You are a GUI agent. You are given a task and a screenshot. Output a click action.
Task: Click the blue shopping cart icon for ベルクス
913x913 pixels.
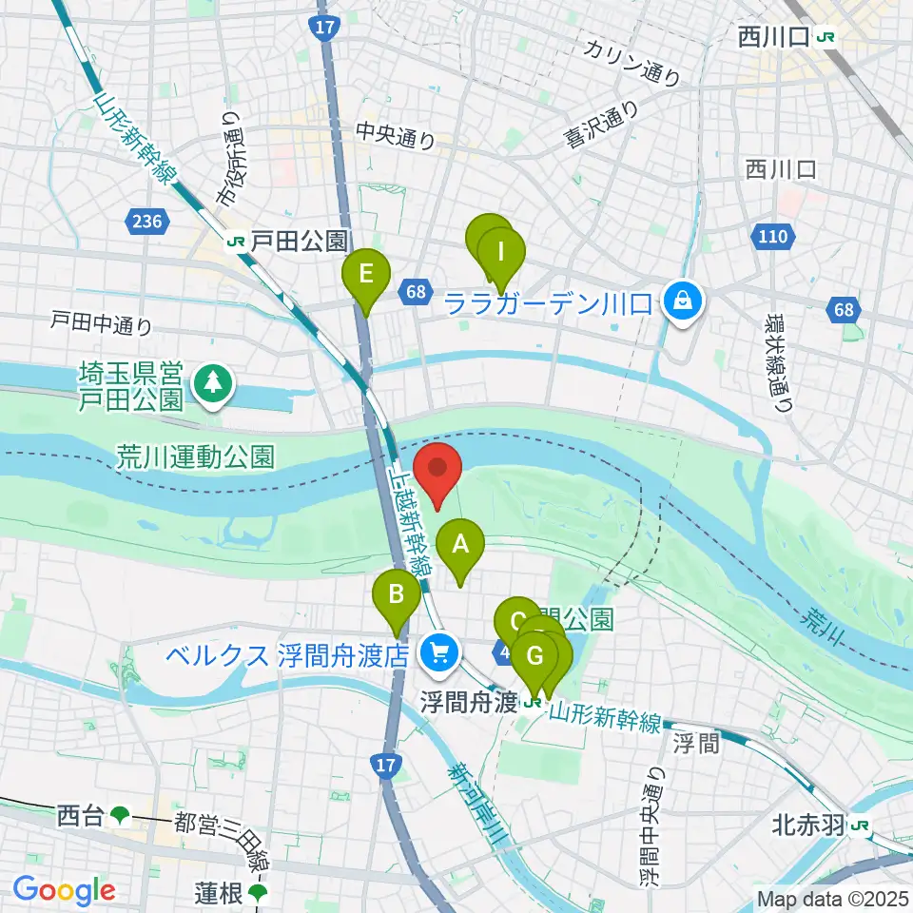coord(438,652)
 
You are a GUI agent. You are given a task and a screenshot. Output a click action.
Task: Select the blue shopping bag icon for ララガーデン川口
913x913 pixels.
coord(682,302)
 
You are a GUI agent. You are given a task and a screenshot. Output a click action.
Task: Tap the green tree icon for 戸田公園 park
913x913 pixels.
coord(209,384)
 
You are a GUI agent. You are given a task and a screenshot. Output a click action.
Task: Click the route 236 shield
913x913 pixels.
coord(148,222)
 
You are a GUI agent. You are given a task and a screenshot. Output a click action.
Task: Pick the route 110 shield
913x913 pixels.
coord(772,235)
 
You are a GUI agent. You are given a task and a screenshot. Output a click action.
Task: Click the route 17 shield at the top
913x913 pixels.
coord(324,28)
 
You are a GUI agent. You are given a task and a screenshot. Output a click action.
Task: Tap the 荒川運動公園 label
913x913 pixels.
coord(197,457)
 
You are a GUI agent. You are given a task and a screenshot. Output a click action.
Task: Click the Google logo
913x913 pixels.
coord(65,890)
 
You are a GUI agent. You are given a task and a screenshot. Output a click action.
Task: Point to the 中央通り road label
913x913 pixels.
coord(396,137)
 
